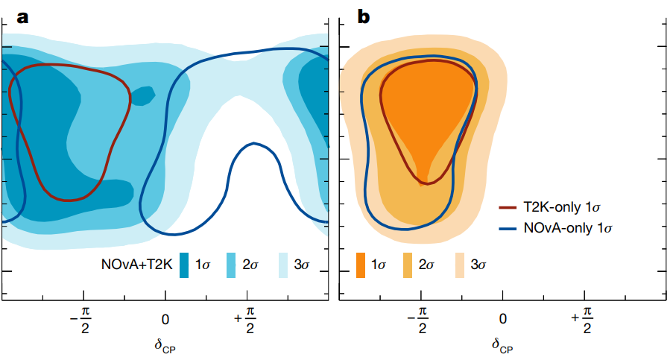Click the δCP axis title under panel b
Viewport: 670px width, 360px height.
(502, 346)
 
